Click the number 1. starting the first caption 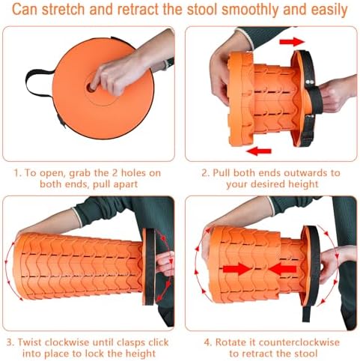(16, 172)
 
